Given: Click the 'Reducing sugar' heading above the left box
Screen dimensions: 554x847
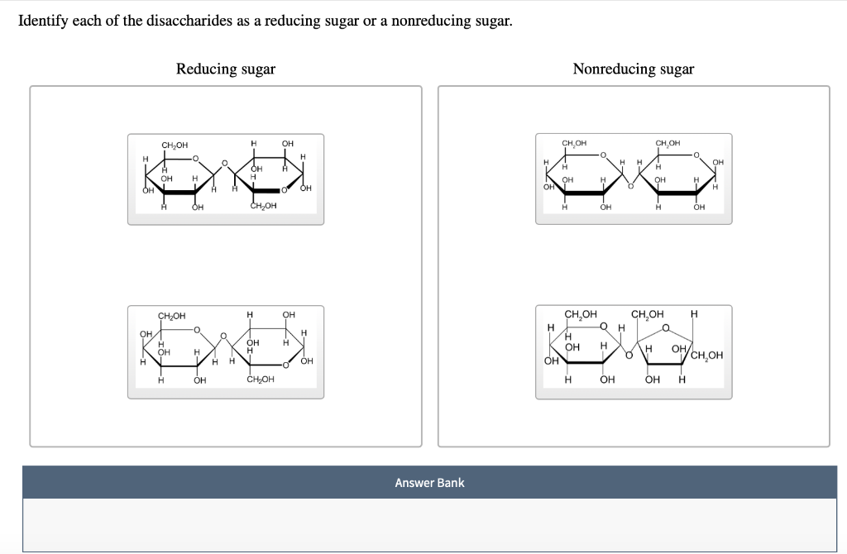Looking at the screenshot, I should point(225,69).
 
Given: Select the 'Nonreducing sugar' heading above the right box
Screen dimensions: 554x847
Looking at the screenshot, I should point(633,69).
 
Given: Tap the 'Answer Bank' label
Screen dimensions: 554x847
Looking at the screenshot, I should point(429,482).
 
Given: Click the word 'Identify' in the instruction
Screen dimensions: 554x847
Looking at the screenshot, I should point(43,21).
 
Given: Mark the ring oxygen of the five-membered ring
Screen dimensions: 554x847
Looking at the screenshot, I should point(665,327).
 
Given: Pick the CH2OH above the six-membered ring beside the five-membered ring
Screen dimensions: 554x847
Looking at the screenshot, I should point(580,314).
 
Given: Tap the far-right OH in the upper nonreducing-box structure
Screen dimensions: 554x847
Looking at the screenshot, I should point(717,162).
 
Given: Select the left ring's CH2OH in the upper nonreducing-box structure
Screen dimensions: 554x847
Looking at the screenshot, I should point(574,143).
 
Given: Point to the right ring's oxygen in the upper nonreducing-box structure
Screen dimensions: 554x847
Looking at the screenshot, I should point(696,155).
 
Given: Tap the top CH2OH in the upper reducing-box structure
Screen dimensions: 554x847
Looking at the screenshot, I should point(175,146).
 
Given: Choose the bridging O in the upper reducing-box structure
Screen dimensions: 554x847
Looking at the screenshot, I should point(223,164).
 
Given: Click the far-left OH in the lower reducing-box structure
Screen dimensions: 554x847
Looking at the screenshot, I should point(146,333).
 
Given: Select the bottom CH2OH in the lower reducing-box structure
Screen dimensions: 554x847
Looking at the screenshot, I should point(260,380).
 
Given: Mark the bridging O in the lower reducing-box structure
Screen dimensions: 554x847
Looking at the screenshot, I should point(223,336).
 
